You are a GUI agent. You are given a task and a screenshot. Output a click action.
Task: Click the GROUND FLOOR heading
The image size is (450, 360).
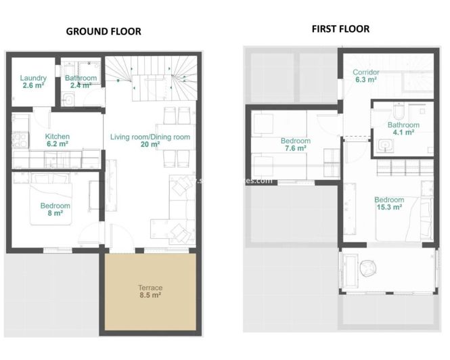coord(103,31)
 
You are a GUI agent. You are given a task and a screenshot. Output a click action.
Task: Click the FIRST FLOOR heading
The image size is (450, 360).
coord(340,28)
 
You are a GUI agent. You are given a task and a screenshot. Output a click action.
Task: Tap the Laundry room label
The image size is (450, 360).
coord(32,81)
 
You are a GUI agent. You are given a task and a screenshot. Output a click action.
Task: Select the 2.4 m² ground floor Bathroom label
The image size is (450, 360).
coord(81,82)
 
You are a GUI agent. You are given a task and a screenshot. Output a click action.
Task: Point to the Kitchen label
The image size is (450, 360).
coord(58,139)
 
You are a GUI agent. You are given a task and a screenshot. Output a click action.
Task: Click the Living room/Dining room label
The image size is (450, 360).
coord(150,140)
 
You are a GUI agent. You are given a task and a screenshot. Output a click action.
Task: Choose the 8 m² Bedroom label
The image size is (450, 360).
coord(55,209)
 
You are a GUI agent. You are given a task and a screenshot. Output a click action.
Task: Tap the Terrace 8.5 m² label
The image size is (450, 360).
coord(150,292)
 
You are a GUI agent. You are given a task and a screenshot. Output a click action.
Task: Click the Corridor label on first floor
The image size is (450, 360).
coord(366,75)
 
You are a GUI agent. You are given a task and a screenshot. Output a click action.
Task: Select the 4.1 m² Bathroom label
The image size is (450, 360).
coord(403,128)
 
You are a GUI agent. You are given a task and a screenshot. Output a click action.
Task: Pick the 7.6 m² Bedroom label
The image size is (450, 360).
coord(294,144)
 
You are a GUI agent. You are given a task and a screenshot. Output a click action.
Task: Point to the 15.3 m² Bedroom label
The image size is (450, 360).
coord(389,203)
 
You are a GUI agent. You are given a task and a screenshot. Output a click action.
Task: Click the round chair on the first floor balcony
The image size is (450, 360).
coord(367,269)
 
